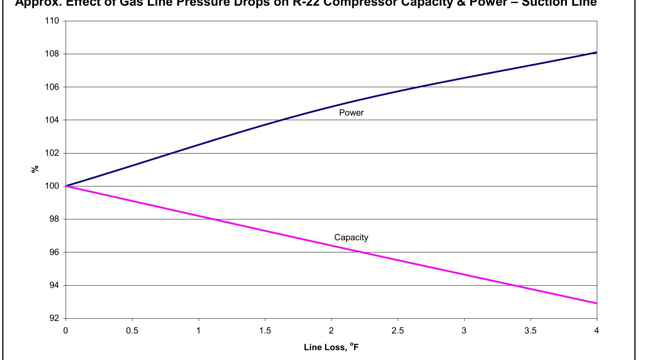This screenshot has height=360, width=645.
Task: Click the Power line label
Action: tap(351, 113)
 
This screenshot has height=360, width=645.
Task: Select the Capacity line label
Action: tap(351, 237)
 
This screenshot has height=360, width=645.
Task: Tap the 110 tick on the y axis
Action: tap(52, 21)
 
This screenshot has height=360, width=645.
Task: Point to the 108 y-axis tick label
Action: tap(52, 54)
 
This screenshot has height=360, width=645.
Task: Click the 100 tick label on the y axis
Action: tap(52, 186)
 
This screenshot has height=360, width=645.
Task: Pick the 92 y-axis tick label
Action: tap(55, 318)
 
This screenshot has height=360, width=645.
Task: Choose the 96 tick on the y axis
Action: tap(55, 252)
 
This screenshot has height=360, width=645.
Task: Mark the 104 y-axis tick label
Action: tap(52, 120)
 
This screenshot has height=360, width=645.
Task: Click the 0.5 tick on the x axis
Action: tap(132, 331)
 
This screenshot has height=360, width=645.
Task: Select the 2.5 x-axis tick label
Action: tap(397, 331)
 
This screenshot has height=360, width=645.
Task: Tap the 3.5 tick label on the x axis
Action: tap(530, 331)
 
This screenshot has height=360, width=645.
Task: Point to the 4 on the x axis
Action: tap(596, 331)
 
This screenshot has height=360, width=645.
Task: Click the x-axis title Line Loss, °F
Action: tap(331, 347)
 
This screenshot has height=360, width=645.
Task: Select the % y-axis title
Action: tap(35, 169)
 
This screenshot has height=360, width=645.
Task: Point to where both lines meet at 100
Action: tap(66, 186)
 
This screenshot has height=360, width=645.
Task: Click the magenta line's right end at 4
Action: tap(596, 303)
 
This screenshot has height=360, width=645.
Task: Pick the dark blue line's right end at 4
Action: tap(596, 52)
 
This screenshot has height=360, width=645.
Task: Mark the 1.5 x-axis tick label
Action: tap(265, 331)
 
